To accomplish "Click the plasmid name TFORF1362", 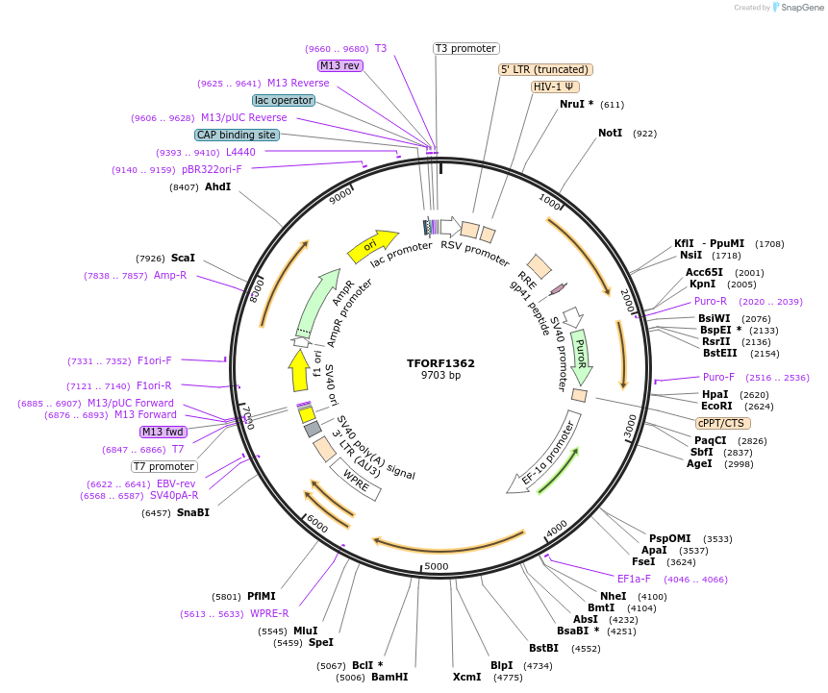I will (440, 363).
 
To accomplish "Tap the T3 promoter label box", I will (466, 48).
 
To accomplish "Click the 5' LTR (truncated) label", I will (545, 69).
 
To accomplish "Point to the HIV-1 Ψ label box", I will (555, 87).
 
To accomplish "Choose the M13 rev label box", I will (340, 65).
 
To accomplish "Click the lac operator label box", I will (284, 100).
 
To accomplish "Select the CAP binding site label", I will (237, 135).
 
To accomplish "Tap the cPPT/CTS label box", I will (723, 423).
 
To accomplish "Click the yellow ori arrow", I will (372, 245).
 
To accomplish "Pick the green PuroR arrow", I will (581, 358).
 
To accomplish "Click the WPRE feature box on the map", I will (356, 480).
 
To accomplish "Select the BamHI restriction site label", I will (389, 677).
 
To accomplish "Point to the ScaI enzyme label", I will (183, 258).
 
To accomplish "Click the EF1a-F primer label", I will (634, 579).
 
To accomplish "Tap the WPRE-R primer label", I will (269, 613).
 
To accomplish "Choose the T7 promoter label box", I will (164, 467).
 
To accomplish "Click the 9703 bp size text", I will (440, 376).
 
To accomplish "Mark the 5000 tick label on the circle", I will (437, 567).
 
